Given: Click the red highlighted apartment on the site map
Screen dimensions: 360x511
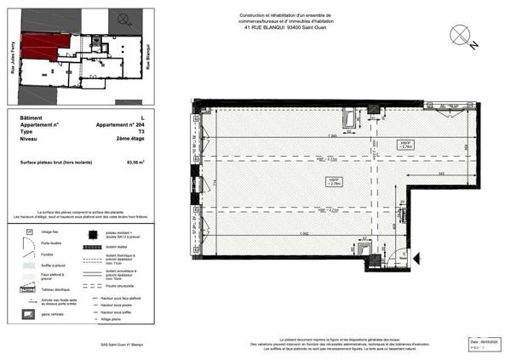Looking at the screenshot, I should click(x=38, y=49).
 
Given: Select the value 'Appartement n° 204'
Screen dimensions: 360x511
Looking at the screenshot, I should click(x=123, y=125).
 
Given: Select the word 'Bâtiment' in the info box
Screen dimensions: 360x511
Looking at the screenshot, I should click(x=31, y=117).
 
